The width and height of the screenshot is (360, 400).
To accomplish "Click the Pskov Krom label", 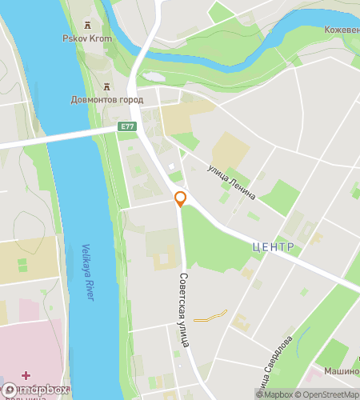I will [x=86, y=38].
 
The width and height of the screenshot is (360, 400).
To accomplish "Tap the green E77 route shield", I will [x=127, y=126].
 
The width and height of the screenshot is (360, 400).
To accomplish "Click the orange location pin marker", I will [x=181, y=199].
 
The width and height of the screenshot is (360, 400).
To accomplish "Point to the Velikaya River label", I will [x=89, y=272].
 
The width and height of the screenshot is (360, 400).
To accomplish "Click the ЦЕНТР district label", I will [x=273, y=246].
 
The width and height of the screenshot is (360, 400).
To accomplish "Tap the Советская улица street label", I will [x=183, y=307].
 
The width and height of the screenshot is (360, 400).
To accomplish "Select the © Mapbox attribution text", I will [x=274, y=394].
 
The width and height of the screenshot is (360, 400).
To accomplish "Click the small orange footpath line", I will [x=210, y=316].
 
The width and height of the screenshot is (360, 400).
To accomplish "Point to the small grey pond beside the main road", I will [x=153, y=78].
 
